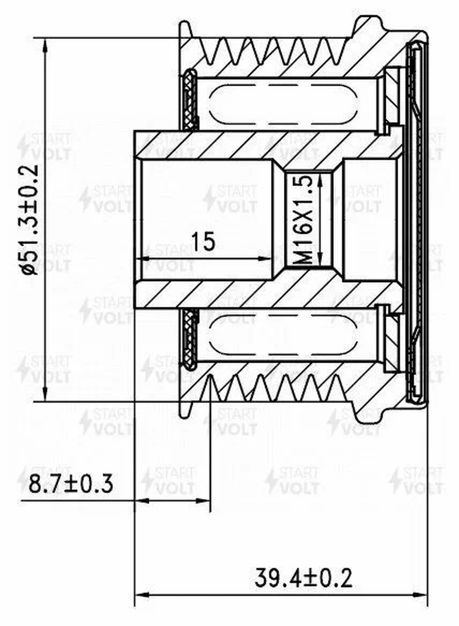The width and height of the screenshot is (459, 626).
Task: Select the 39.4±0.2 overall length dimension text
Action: pyautogui.click(x=303, y=578)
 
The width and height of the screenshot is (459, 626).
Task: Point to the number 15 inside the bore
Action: pyautogui.click(x=204, y=241)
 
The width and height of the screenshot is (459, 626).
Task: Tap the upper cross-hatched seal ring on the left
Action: pyautogui.click(x=190, y=99)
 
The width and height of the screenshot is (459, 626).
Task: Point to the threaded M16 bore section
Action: pyautogui.click(x=310, y=219)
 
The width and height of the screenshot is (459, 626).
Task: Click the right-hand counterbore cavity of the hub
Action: pyautogui.click(x=372, y=219)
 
